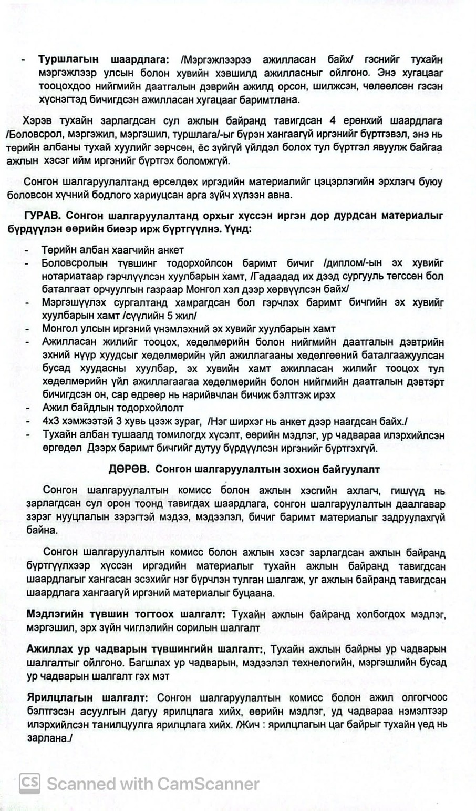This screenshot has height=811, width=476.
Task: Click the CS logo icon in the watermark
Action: click(30, 784)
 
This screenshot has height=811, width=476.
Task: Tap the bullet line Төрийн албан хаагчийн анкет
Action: click(112, 250)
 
